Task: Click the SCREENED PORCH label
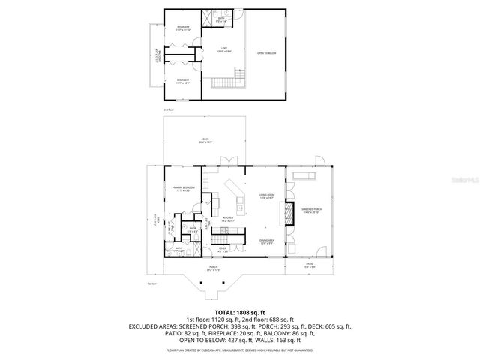[310, 211]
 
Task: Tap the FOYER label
[222, 248]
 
